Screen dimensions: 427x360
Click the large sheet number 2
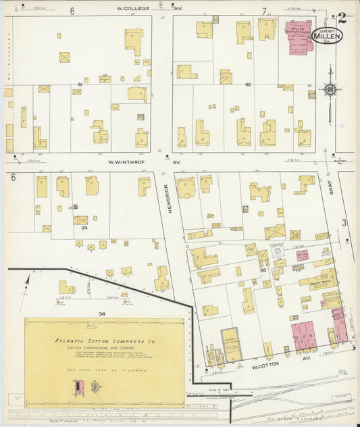pos(342,18)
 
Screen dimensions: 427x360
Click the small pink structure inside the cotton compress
pos(79,386)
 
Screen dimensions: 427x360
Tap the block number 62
pos(248,84)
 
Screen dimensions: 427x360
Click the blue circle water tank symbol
pos(276,251)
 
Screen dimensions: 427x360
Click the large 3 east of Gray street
pos(344,222)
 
